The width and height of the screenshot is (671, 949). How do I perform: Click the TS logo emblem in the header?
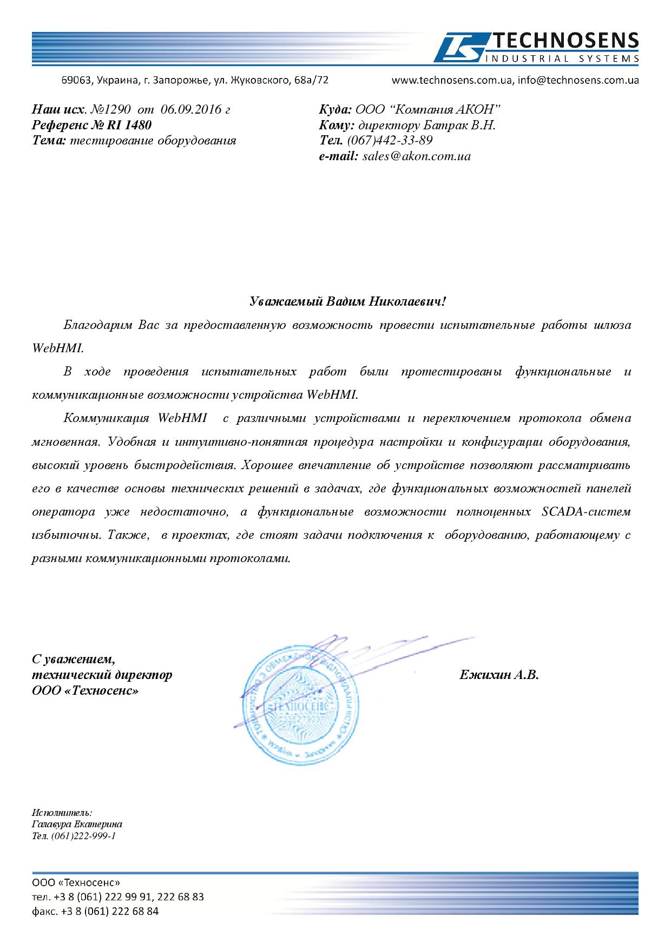pyautogui.click(x=459, y=48)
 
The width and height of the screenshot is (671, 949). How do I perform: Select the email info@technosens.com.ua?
pyautogui.click(x=578, y=81)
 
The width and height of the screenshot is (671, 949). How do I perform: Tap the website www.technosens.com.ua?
pyautogui.click(x=452, y=81)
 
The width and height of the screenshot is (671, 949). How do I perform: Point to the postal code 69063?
pyautogui.click(x=74, y=81)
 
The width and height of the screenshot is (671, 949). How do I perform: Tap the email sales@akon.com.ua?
pyautogui.click(x=417, y=156)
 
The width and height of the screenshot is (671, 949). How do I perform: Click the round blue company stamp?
pyautogui.click(x=302, y=708)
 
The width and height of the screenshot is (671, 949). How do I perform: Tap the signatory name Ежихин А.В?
pyautogui.click(x=499, y=675)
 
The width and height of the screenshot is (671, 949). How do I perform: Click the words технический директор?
pyautogui.click(x=102, y=675)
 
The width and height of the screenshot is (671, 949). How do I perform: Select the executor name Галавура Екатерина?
pyautogui.click(x=77, y=824)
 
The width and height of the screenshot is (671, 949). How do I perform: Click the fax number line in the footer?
pyautogui.click(x=95, y=911)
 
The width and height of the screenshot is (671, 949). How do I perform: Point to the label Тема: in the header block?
pyautogui.click(x=49, y=141)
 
